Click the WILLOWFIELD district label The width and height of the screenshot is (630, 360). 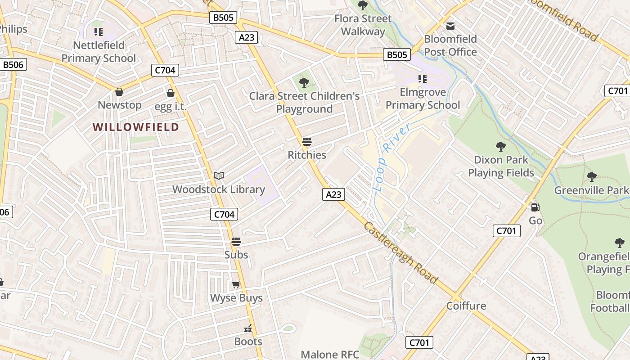point(136,127)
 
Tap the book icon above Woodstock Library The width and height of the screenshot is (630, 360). point(219,175)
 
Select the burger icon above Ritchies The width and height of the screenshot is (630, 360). point(307,142)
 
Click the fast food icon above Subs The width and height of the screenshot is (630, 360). point(236,242)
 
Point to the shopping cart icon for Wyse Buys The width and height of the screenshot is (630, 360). point(236,284)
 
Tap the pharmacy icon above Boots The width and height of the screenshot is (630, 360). point(248,328)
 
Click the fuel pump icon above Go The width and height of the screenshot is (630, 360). point(535,207)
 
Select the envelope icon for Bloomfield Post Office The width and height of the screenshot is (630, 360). point(450,26)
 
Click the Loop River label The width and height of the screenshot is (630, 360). point(391,157)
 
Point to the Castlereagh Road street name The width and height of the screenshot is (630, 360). point(400,253)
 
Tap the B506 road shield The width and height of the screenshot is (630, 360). point(13,65)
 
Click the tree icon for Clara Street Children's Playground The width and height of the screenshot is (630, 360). point(304,82)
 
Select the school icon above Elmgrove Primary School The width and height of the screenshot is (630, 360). point(422,79)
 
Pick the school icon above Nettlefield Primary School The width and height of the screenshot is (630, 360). point(98,32)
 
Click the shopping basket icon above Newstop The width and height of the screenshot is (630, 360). point(119,92)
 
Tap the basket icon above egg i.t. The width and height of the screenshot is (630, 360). point(171,93)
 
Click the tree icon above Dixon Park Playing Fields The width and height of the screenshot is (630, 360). point(500,146)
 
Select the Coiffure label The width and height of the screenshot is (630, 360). point(466,306)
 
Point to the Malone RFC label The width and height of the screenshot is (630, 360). point(330,355)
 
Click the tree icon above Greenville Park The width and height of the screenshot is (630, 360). point(591,177)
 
